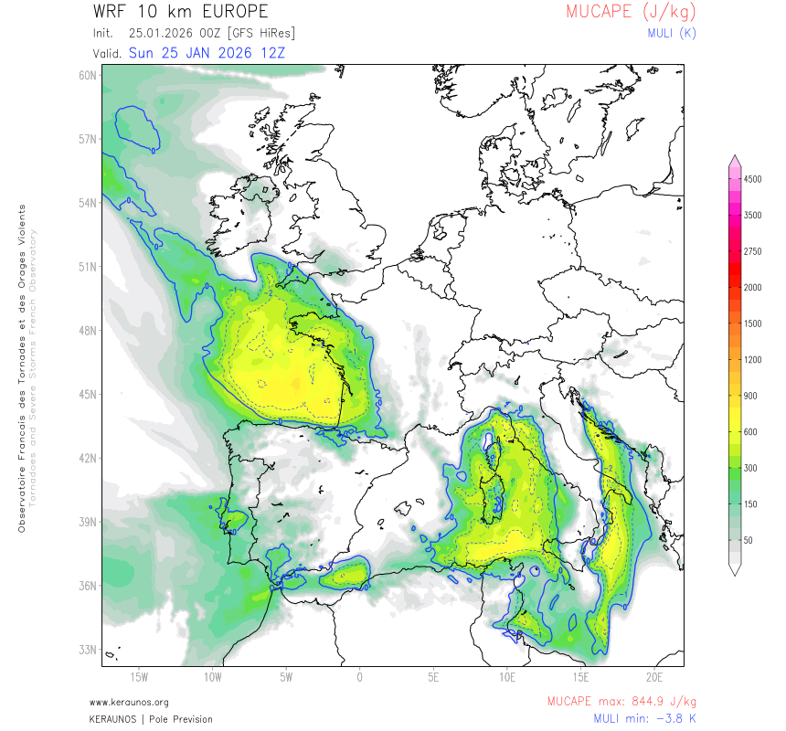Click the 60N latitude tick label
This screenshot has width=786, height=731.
tap(88, 75)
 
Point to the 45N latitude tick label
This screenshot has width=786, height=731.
tap(88, 395)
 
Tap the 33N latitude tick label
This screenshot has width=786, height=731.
tap(88, 650)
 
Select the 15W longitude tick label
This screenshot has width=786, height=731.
tap(139, 677)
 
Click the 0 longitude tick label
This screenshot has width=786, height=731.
tap(360, 677)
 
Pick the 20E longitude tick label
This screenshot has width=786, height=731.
tap(653, 677)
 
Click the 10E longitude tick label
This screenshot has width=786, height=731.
tap(507, 677)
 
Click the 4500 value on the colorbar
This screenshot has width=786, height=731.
tap(752, 180)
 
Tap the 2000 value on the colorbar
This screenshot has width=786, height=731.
tap(752, 287)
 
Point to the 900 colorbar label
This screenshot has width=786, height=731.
tap(749, 396)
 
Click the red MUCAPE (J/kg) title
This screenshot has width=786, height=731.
tap(631, 12)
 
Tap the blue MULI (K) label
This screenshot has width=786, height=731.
tap(671, 33)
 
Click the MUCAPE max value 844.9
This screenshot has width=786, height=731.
tap(653, 702)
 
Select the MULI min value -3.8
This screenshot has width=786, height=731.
tap(660, 718)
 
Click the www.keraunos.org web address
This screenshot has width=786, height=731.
tap(129, 702)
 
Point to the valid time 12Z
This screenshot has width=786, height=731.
tap(271, 52)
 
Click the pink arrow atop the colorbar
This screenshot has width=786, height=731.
tap(734, 161)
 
